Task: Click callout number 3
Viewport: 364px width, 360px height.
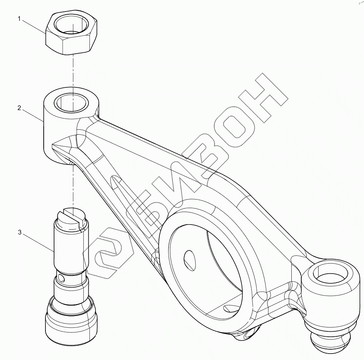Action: [x=20, y=233]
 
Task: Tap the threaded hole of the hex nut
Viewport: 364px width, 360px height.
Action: [x=72, y=26]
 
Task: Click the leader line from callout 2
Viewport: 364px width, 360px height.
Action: [x=33, y=115]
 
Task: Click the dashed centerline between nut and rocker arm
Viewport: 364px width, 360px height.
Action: [x=73, y=72]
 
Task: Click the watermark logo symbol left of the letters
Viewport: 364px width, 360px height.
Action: [x=111, y=251]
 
